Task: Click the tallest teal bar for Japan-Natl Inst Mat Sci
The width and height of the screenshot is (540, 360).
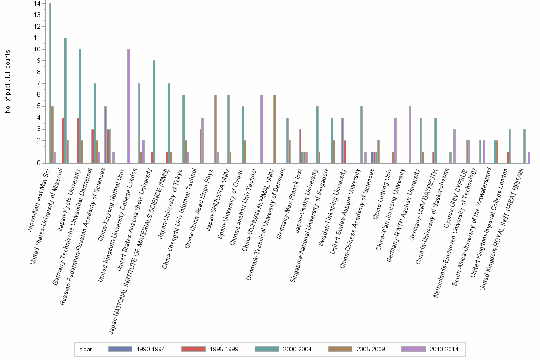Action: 50,83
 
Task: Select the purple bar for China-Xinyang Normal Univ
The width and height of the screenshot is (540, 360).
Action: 129,106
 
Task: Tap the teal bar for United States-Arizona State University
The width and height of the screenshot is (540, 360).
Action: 154,112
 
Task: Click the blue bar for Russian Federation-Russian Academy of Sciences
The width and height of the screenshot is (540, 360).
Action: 105,135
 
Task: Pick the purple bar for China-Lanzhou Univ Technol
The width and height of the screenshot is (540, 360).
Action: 261,129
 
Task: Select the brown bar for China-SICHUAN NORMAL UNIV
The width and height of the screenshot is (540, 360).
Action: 274,129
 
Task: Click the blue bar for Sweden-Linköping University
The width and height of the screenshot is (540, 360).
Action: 342,140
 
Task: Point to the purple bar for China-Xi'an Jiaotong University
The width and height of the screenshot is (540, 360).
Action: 410,135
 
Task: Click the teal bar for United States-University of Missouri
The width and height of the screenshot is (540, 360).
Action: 65,100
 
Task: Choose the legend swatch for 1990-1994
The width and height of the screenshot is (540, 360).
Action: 120,349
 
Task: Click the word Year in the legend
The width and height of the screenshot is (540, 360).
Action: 86,349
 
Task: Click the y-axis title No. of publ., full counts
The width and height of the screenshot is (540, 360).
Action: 8,82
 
